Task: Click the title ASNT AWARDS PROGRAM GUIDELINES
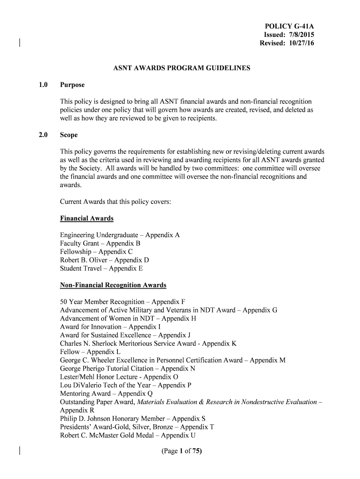point(182,68)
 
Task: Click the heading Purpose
point(72,85)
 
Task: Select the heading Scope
point(69,135)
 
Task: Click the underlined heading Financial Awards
point(87,218)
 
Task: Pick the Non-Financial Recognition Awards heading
point(113,285)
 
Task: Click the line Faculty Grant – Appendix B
point(100,244)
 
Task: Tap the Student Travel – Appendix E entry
point(101,269)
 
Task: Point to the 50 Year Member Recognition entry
point(122,302)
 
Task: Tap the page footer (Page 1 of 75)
point(180,451)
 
